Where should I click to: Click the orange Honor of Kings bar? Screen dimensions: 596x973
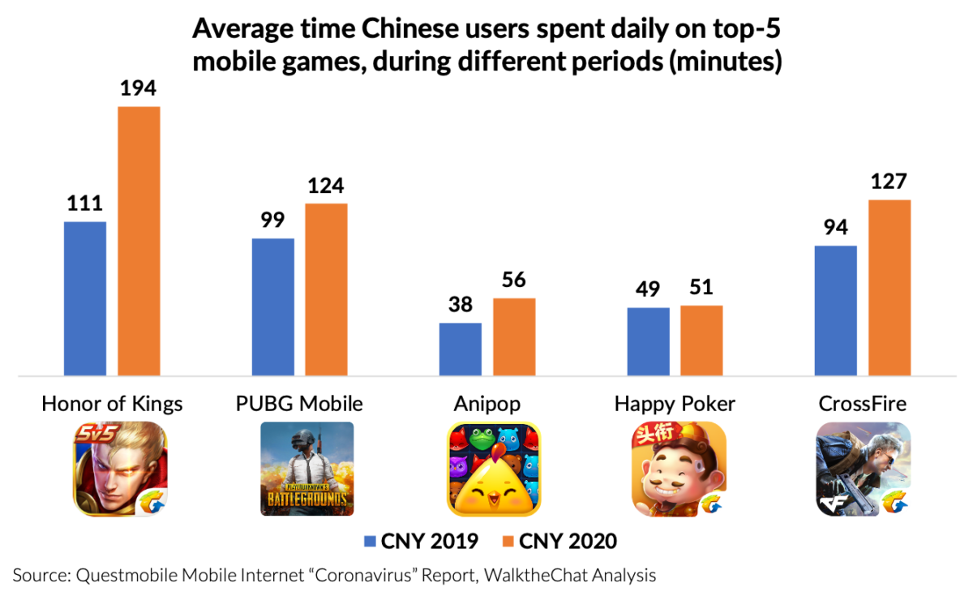click(139, 241)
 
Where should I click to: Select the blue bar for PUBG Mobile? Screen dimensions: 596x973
click(272, 307)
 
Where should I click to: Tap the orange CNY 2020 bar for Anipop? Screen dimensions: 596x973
click(514, 337)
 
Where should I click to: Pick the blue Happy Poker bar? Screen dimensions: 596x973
click(648, 341)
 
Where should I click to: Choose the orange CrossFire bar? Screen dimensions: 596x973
click(889, 288)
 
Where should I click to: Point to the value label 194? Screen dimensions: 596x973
click(139, 89)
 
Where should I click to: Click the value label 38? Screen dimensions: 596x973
click(460, 305)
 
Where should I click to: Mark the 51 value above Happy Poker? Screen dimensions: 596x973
click(701, 289)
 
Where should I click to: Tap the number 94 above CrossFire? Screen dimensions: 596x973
click(835, 228)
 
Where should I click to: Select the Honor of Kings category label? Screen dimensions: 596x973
click(113, 403)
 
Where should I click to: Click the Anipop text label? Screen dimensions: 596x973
click(487, 403)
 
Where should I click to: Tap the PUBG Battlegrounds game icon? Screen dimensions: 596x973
click(306, 469)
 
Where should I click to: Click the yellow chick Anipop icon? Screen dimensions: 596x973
click(494, 469)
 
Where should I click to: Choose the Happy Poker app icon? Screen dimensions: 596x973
click(679, 469)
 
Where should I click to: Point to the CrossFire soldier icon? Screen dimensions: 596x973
click(863, 469)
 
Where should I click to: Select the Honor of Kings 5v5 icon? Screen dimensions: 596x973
click(121, 469)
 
